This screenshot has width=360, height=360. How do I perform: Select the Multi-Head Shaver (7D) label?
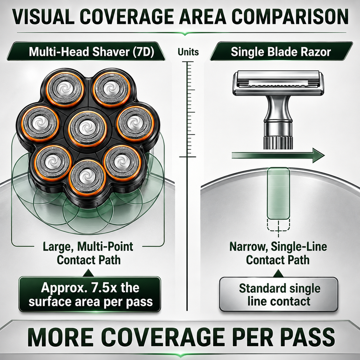tap(91, 52)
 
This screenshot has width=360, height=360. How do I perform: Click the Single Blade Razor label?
tap(281, 52)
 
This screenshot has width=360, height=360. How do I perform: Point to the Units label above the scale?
tap(188, 52)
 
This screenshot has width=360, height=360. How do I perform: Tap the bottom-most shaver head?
tap(87, 178)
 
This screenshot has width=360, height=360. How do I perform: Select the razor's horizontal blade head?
tap(278, 83)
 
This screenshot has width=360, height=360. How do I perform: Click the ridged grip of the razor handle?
tap(278, 142)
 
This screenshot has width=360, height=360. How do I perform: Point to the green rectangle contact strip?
tap(278, 193)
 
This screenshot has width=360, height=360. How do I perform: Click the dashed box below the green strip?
tap(278, 225)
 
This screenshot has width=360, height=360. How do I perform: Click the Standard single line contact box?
tap(279, 295)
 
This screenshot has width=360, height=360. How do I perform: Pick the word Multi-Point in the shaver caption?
tap(105, 247)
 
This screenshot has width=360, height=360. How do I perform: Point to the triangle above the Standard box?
tap(278, 273)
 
